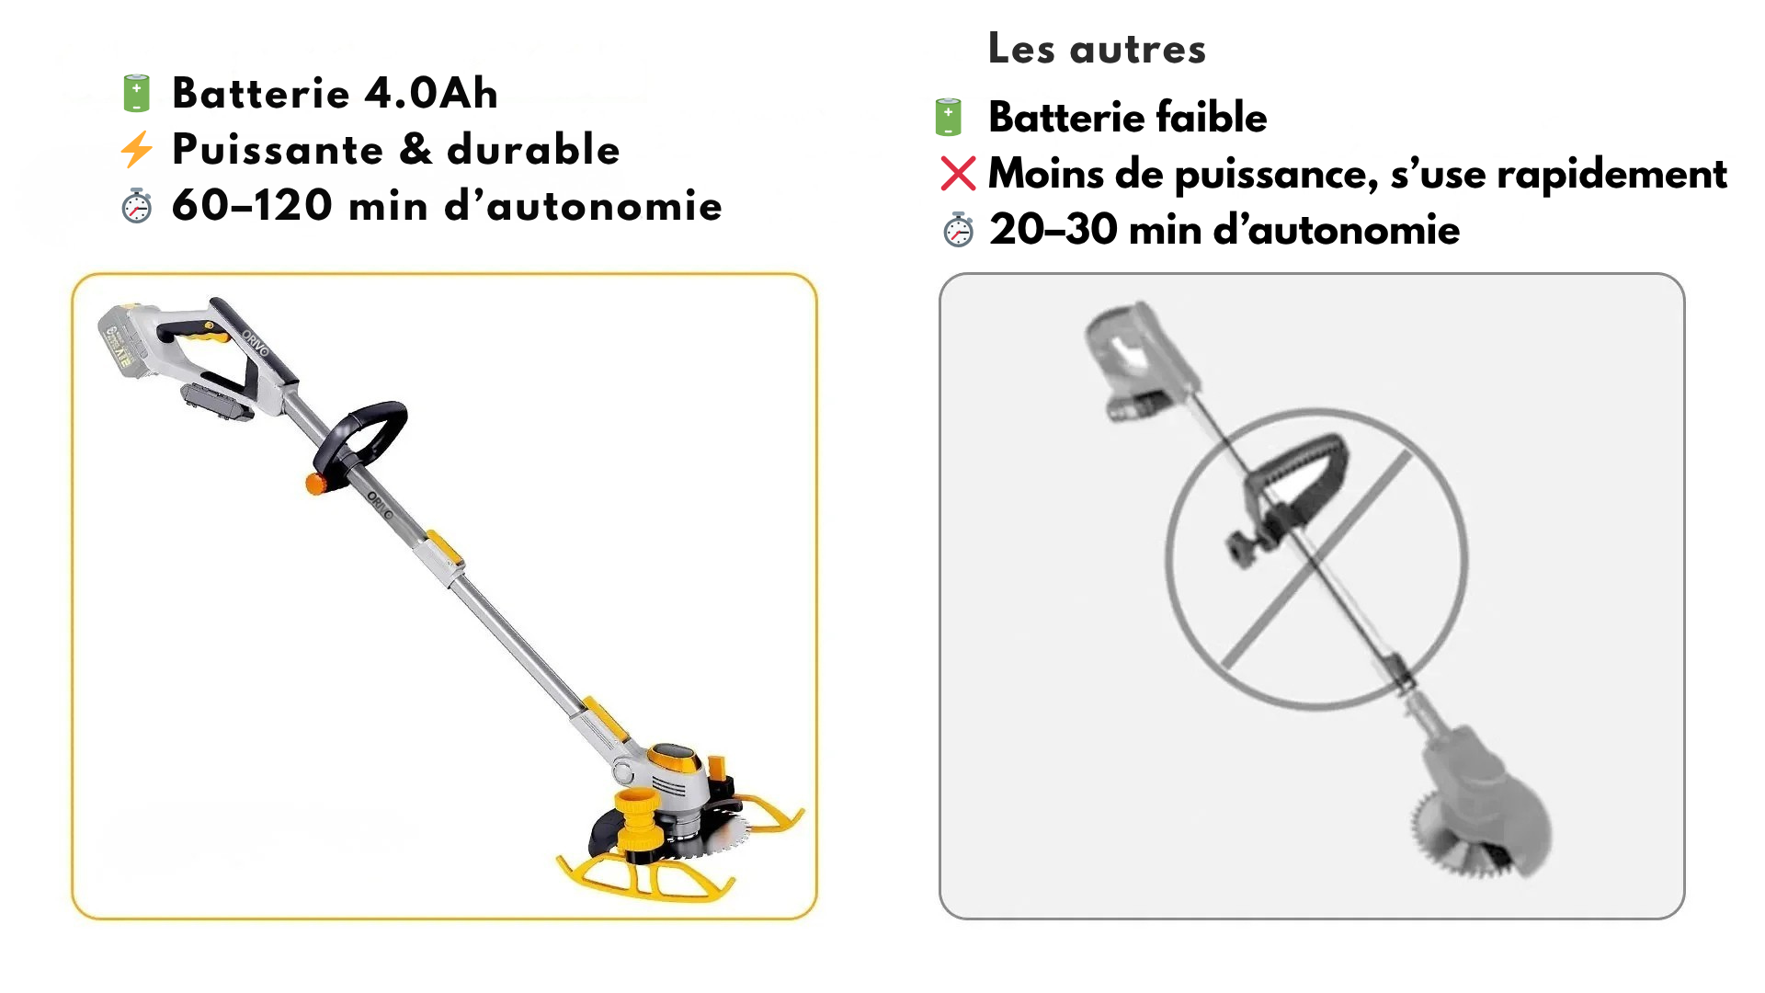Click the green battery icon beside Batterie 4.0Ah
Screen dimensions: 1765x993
(136, 94)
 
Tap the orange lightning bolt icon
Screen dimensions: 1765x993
(136, 150)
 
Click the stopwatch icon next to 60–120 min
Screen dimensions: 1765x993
(136, 206)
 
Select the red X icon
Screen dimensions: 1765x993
(958, 173)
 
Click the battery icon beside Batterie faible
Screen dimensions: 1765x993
(948, 118)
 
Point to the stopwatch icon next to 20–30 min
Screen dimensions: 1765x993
(958, 230)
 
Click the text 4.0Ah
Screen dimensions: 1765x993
(431, 93)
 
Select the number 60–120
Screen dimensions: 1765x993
(252, 205)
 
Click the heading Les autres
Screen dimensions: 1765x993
(1097, 49)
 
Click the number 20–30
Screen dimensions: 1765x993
(1053, 229)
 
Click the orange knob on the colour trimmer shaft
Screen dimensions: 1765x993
(316, 483)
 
